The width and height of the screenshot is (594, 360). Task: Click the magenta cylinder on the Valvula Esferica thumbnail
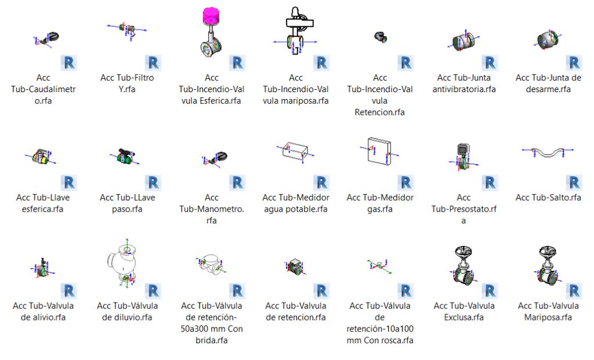click(211, 16)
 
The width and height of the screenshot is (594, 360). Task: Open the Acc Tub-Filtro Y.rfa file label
click(127, 83)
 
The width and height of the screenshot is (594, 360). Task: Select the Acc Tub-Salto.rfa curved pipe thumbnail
click(548, 152)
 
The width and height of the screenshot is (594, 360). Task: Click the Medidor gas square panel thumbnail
click(379, 151)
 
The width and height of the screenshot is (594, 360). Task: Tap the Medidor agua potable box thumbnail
click(295, 151)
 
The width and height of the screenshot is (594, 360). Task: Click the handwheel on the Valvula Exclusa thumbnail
click(463, 252)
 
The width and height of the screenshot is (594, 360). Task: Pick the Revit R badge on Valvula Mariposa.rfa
click(574, 291)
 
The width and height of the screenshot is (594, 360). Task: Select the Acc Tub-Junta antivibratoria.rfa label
click(464, 83)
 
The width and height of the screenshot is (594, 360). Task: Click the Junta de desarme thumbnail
click(548, 39)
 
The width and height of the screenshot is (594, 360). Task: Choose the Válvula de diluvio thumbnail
click(125, 263)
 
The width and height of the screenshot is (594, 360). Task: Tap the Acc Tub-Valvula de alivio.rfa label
click(43, 311)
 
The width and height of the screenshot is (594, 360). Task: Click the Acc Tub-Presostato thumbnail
click(463, 157)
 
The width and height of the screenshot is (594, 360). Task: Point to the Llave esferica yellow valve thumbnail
click(41, 156)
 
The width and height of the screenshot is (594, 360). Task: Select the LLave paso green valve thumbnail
click(125, 155)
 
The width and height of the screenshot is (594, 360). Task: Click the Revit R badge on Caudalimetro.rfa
click(68, 63)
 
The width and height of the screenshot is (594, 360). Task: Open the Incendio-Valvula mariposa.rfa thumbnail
click(295, 31)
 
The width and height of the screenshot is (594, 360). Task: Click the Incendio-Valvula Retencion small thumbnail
click(381, 37)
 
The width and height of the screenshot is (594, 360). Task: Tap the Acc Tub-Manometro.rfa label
click(211, 209)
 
